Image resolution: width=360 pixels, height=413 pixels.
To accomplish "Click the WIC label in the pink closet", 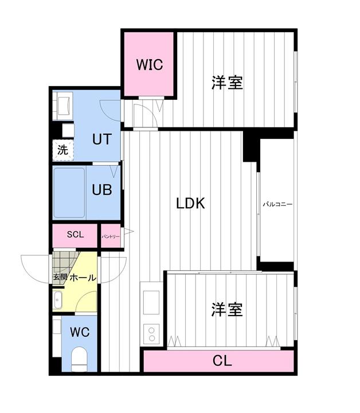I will [149, 64].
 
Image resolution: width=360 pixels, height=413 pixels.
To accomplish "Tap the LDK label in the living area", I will [190, 203].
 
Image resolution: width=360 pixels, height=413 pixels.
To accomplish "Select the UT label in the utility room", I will [105, 139].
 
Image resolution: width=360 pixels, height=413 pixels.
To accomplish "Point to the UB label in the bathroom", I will [102, 190].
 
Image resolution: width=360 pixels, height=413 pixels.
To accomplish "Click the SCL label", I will [75, 235].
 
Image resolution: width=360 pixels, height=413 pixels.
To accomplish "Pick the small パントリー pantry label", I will [110, 236].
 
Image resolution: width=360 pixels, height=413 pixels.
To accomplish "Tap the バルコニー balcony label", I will [278, 204].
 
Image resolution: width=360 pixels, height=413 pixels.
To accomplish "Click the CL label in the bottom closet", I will [222, 361].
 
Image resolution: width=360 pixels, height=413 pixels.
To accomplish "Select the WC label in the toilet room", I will [80, 332].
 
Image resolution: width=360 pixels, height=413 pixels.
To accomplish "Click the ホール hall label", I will [83, 278].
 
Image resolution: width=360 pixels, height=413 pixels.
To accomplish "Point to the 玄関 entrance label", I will [60, 278].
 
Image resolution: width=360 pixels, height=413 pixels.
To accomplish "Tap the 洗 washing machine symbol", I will [62, 151].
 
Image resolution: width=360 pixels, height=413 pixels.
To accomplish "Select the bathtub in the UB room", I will [69, 192].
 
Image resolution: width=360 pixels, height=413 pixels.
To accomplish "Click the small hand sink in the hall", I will [58, 299].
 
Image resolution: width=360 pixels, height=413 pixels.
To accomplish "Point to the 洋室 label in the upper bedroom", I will [227, 83].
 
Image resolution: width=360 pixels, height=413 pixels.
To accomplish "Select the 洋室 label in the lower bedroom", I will [227, 310].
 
